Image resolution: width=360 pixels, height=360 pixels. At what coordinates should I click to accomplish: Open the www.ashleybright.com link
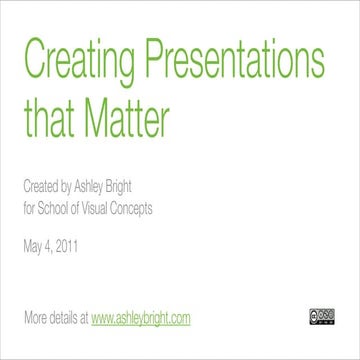click(x=140, y=319)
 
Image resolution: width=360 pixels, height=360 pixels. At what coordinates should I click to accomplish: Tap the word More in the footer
click(x=34, y=319)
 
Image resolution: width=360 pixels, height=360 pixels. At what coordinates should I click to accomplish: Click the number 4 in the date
click(x=51, y=243)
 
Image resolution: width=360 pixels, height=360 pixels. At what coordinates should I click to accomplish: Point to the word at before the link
click(x=84, y=319)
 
